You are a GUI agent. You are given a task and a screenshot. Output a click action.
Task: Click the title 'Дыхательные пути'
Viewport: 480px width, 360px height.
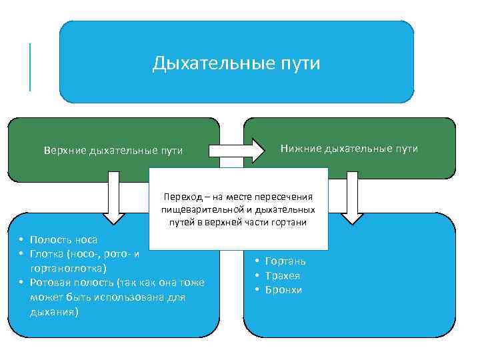click(236, 63)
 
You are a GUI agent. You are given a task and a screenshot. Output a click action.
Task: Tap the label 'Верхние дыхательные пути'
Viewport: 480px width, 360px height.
click(113, 150)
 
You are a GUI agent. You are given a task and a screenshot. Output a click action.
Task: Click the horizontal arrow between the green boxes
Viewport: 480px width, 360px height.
click(236, 149)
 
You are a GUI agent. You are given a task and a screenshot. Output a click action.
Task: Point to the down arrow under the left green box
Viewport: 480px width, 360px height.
click(114, 197)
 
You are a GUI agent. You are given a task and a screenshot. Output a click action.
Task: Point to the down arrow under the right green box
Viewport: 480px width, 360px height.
click(351, 197)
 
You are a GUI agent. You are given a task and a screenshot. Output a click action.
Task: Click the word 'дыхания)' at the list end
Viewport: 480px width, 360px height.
click(54, 311)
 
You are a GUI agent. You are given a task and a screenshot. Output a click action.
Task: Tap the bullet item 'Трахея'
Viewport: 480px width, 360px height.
click(283, 275)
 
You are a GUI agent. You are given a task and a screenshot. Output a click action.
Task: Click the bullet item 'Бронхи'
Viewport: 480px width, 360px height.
click(283, 290)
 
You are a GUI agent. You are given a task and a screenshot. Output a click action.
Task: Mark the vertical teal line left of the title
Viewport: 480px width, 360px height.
click(30, 67)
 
